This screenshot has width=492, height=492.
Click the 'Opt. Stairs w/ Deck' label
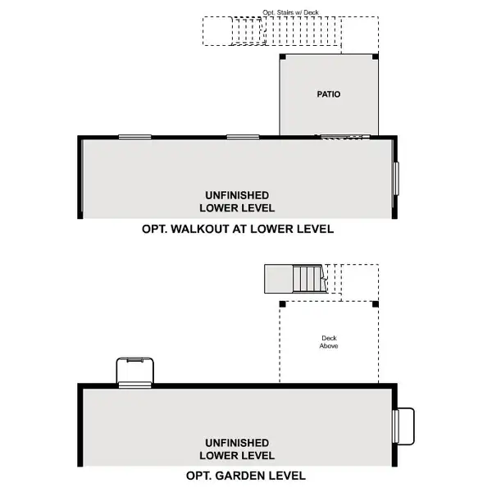click(x=289, y=13)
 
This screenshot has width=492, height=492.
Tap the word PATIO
click(x=329, y=94)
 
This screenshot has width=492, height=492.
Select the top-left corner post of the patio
click(x=283, y=57)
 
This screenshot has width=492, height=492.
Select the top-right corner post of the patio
click(x=376, y=57)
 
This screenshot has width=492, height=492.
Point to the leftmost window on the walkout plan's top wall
click(x=134, y=137)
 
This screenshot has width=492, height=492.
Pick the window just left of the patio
click(x=244, y=137)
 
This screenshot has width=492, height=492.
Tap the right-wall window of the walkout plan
click(x=395, y=178)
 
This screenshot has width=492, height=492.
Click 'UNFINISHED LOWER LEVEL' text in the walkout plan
click(x=237, y=201)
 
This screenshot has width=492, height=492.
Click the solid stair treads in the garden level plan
click(x=308, y=279)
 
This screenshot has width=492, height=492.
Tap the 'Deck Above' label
click(x=329, y=342)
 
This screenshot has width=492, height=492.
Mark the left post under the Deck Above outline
click(x=283, y=303)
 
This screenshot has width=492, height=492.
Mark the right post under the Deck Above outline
click(x=376, y=303)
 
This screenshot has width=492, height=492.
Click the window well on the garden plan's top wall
click(x=134, y=371)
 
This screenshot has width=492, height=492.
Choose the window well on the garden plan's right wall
click(x=403, y=425)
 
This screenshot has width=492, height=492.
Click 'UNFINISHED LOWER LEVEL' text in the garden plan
click(x=237, y=449)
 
